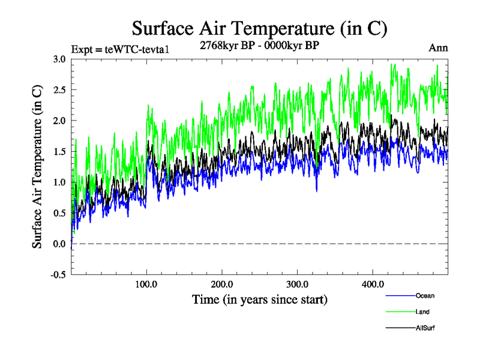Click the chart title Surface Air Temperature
(x=260, y=28)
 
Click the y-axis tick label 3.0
(x=59, y=59)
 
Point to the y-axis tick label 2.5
(x=59, y=90)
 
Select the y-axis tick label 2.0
(x=59, y=121)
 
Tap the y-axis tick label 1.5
(x=59, y=152)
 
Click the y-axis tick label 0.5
(x=59, y=213)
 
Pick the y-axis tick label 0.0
(x=59, y=244)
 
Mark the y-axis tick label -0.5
(x=58, y=275)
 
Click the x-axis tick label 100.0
(x=147, y=284)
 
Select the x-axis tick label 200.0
(x=222, y=284)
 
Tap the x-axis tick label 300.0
(x=298, y=284)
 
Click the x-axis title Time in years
(x=260, y=298)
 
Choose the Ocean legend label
(x=425, y=296)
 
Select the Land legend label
(x=422, y=312)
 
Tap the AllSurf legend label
(x=425, y=328)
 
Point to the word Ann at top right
(x=438, y=48)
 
